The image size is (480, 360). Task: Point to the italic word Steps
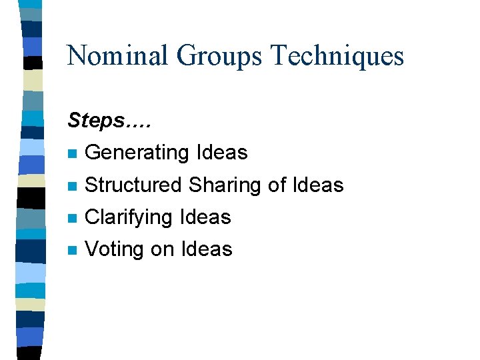pos(96,121)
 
